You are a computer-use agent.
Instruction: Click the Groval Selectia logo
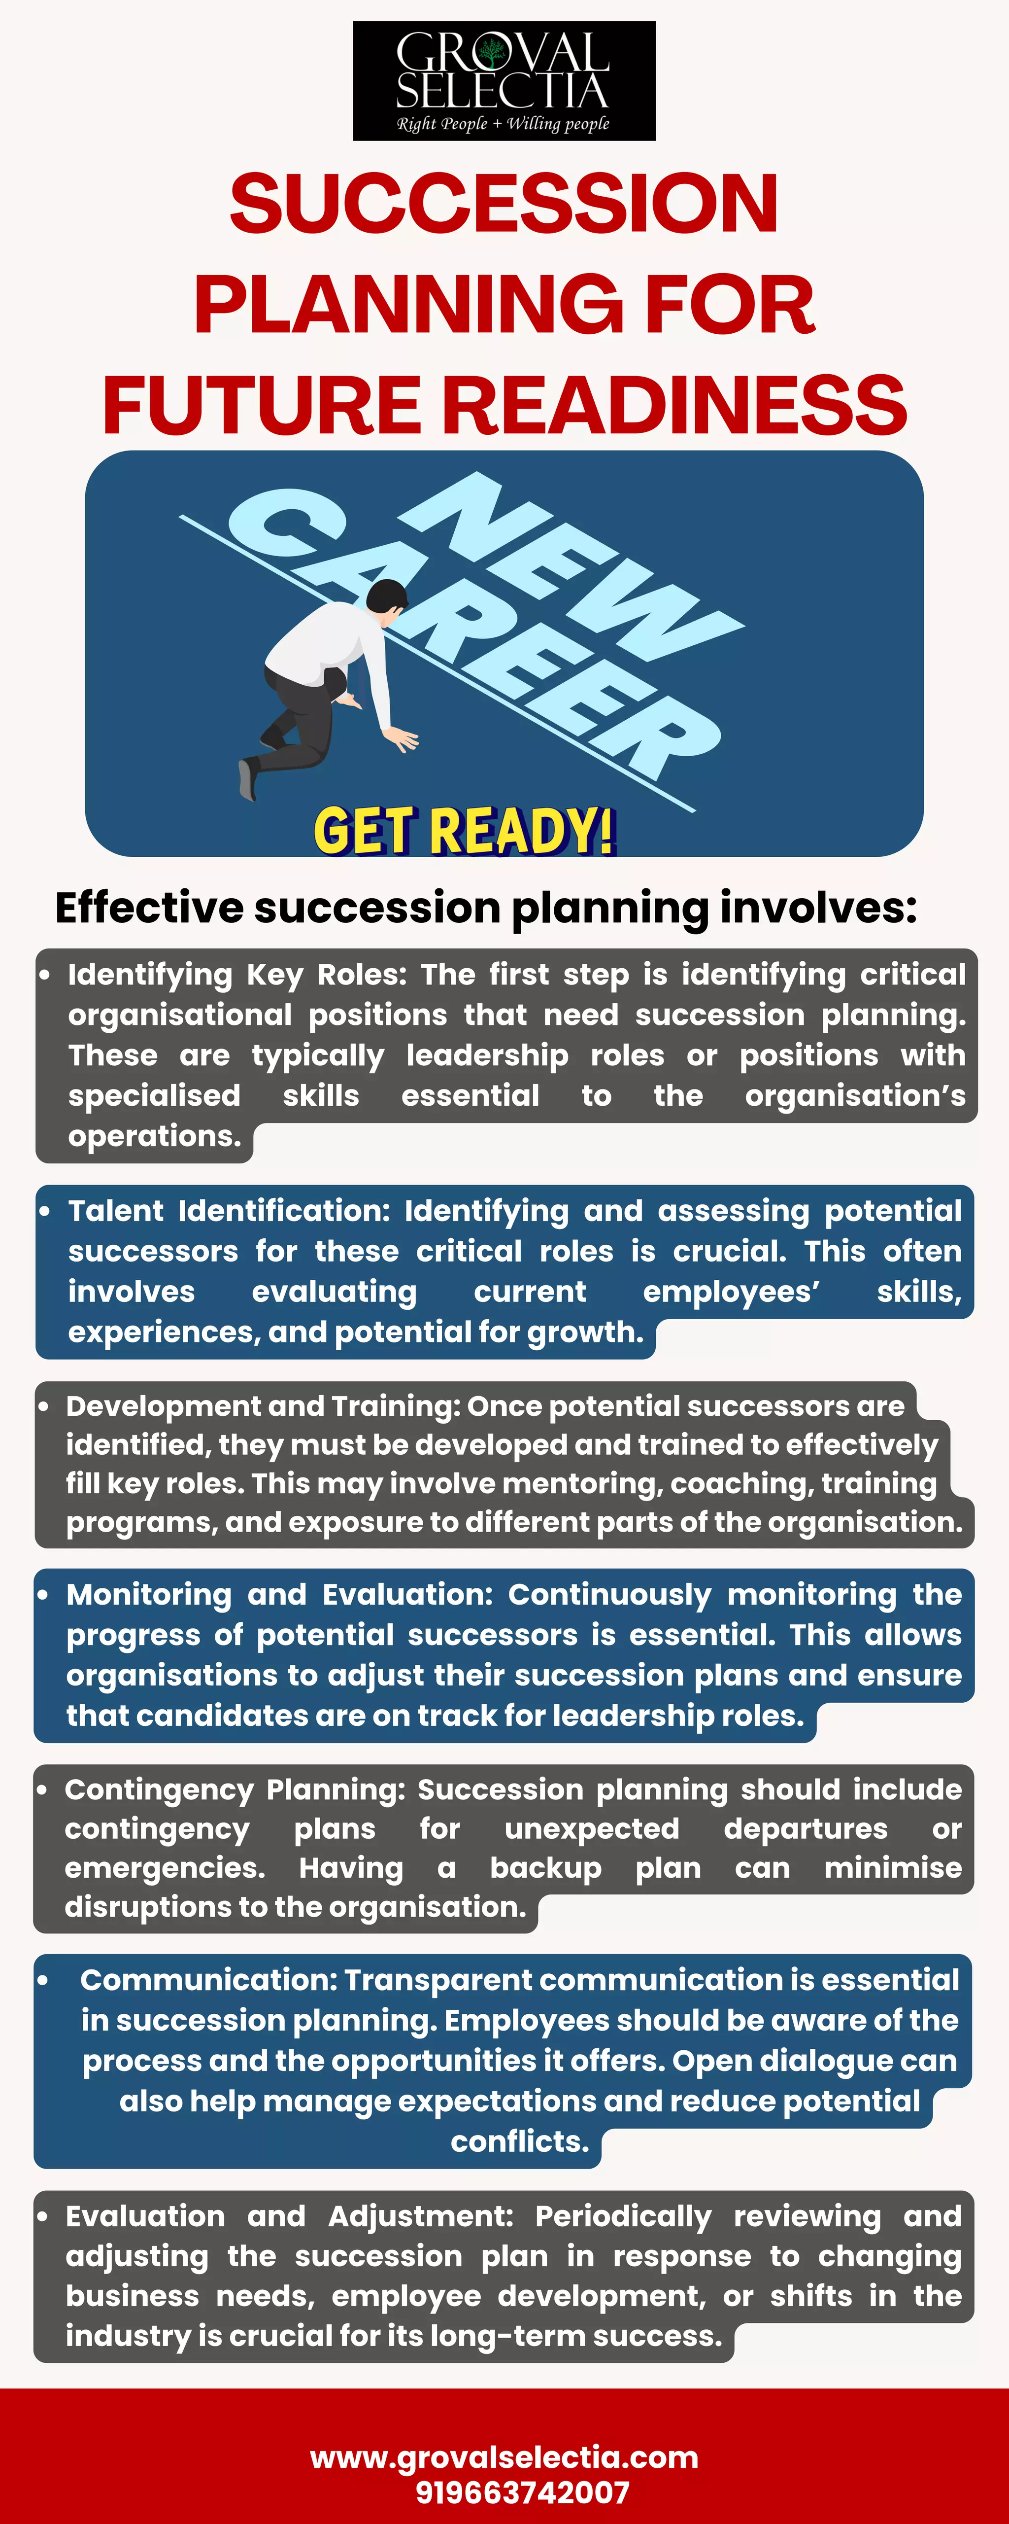pos(504,80)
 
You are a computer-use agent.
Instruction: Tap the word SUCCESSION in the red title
pos(504,204)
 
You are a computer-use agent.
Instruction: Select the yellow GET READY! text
pos(464,831)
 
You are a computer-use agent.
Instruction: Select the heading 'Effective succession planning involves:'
pos(486,907)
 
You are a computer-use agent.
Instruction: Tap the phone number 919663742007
pos(522,2491)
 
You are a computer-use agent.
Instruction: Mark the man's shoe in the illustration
pos(248,779)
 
